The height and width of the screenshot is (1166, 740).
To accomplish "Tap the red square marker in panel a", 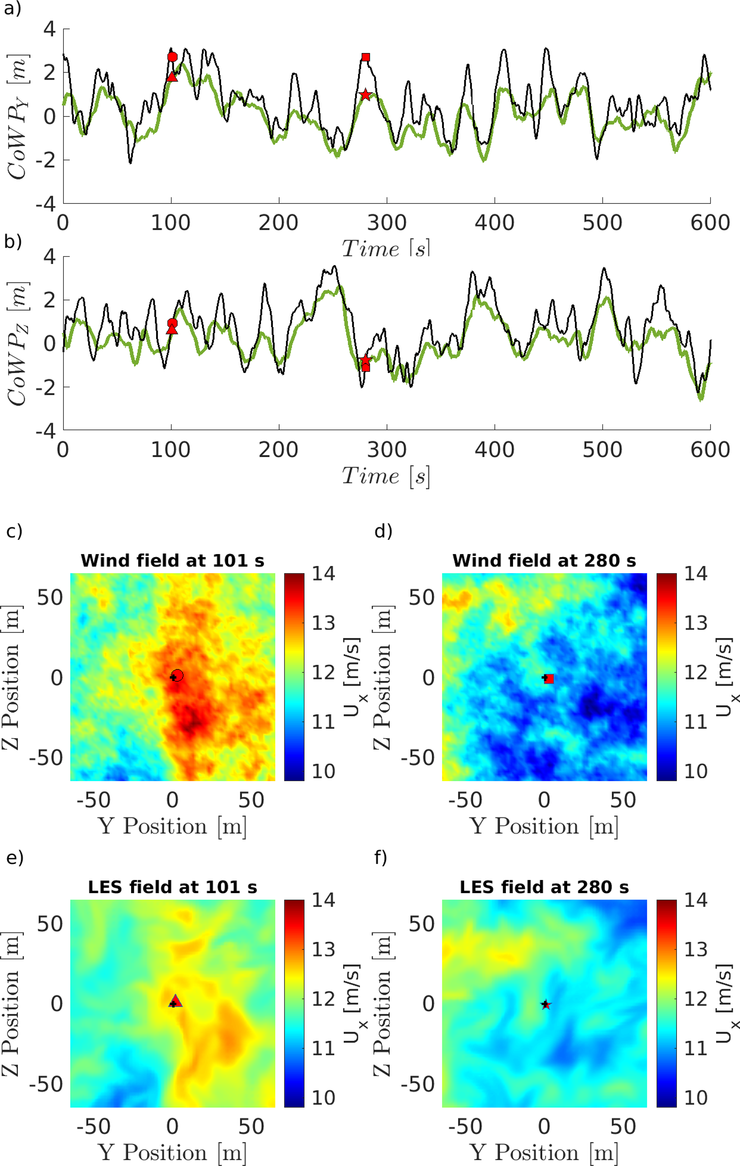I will (x=366, y=58).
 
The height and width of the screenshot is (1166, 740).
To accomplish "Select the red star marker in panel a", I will (x=366, y=95).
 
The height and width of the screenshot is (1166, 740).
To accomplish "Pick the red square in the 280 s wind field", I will (x=549, y=679).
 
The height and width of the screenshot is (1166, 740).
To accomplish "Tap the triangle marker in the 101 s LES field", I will (x=176, y=1001).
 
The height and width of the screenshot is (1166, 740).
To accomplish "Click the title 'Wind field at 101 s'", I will (x=173, y=561).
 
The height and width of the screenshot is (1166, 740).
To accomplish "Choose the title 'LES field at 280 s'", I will (x=544, y=887).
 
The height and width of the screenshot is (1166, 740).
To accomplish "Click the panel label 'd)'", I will (x=383, y=531).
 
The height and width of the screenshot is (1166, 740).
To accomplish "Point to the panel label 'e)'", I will (x=15, y=857).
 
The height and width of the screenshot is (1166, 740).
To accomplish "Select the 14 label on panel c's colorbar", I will (x=323, y=574).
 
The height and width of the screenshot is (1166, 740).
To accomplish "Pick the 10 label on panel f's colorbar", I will (x=696, y=1098).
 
